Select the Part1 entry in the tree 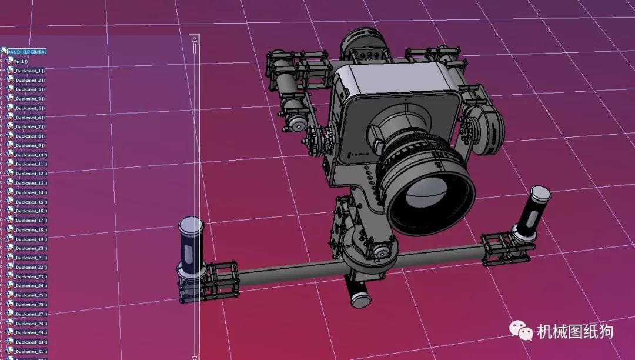[21, 61]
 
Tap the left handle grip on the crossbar [189, 247]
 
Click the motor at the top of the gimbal [363, 44]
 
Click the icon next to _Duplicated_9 [10, 145]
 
